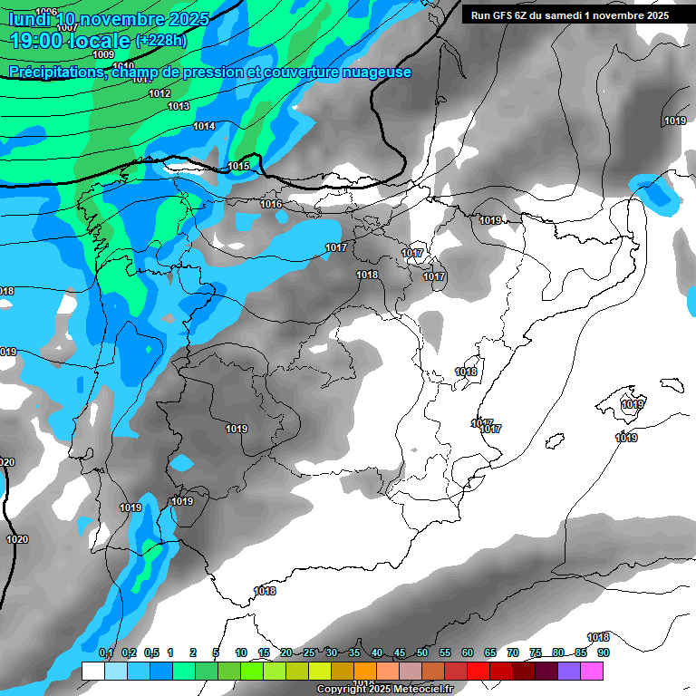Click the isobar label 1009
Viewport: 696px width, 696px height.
[103, 55]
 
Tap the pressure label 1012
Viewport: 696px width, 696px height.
[159, 94]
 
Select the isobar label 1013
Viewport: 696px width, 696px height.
[179, 107]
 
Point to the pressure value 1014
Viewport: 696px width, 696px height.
[204, 127]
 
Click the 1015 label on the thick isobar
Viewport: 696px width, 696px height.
[238, 166]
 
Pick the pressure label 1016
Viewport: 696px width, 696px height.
[271, 205]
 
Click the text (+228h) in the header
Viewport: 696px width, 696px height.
[161, 41]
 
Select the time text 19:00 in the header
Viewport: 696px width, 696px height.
[38, 41]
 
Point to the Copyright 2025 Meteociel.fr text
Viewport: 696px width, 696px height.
[384, 690]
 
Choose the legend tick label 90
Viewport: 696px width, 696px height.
[603, 652]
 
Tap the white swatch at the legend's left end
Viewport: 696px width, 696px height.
[92, 671]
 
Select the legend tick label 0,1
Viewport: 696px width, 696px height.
[105, 652]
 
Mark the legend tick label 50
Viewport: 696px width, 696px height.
[422, 652]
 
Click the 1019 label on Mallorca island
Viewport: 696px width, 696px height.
[633, 405]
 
